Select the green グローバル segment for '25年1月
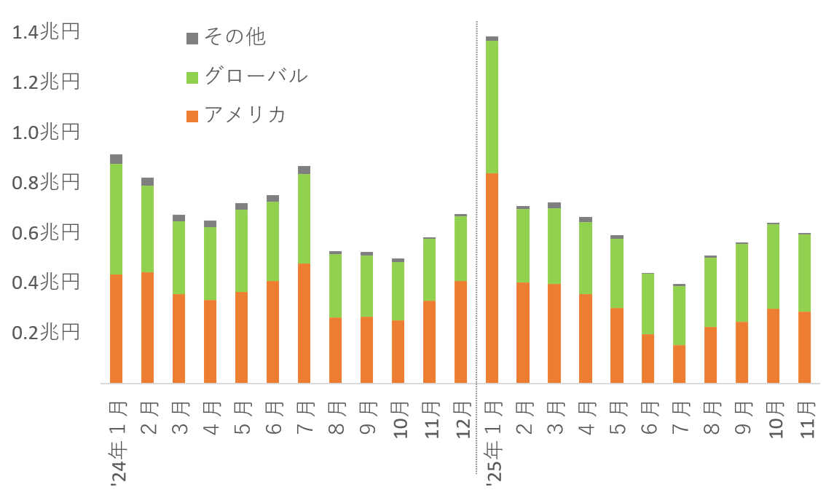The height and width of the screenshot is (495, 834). point(492,107)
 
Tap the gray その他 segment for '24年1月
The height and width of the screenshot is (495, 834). point(116,159)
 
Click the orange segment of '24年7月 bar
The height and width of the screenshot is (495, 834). point(304,323)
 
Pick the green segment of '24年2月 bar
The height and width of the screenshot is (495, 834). point(147,229)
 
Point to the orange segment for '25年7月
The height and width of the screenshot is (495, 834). point(679,364)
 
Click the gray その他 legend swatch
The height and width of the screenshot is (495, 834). point(192,38)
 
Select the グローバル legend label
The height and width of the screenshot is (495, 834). point(256,76)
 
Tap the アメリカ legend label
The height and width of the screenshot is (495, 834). point(245,115)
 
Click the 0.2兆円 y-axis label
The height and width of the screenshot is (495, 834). point(45,333)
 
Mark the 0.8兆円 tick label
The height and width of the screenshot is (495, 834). point(45,183)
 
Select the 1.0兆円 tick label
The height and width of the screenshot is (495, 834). point(45,132)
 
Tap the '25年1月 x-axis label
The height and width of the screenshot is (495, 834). point(492,444)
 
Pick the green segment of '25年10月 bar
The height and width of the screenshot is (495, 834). point(773,266)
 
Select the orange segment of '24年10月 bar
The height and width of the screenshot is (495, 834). point(398,352)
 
